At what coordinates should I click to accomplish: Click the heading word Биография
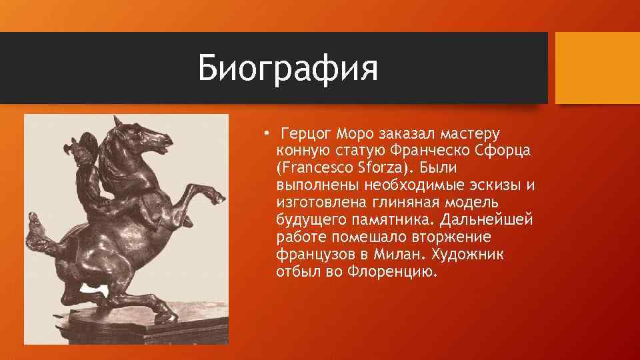288,69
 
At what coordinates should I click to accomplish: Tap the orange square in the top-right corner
597,68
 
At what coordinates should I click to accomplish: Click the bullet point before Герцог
265,133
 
